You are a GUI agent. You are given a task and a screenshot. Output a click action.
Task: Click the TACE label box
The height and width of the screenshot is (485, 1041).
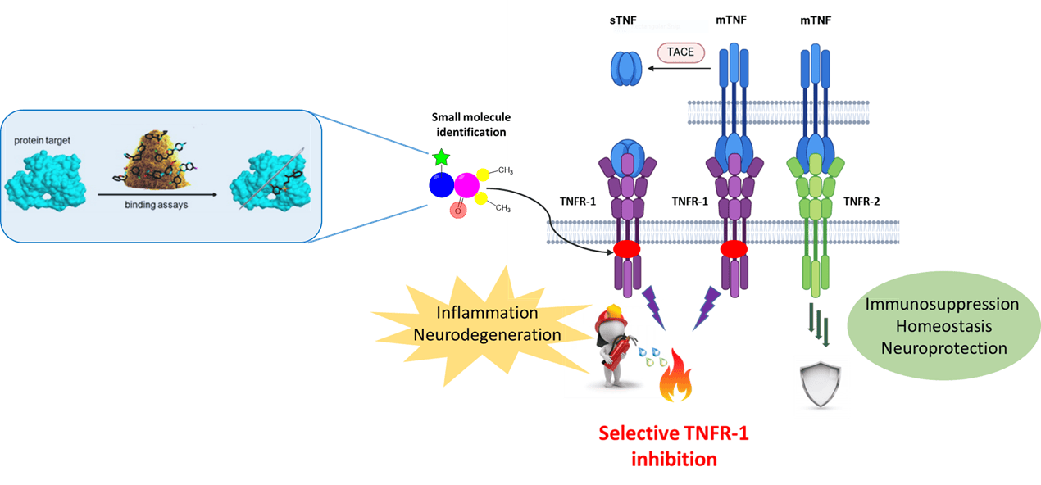pos(680,52)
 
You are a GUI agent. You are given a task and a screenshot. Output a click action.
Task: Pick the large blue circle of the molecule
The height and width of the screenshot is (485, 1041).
pos(442,184)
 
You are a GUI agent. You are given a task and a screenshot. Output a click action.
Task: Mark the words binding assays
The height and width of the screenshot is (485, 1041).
pos(158,204)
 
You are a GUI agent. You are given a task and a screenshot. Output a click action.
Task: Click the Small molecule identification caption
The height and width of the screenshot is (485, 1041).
pos(469,125)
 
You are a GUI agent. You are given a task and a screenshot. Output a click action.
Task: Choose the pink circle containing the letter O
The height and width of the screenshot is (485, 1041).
pos(459,210)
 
